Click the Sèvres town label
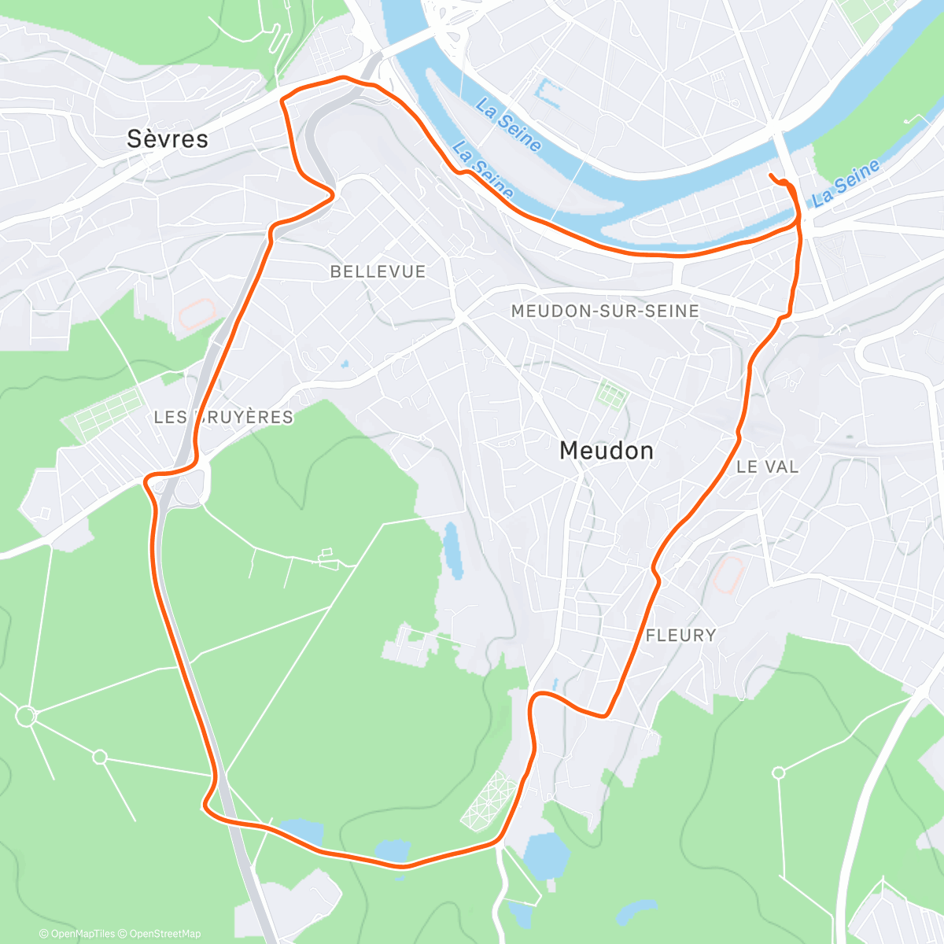pos(168,139)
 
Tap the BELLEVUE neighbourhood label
pos(378,271)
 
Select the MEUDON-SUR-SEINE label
pos(605,311)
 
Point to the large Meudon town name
pos(606,451)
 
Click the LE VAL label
pos(767,466)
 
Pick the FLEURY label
pos(680,635)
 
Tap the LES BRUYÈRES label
pos(223,417)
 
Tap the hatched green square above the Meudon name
pos(610,392)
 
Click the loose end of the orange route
pos(770,174)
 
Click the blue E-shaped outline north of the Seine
pos(548,94)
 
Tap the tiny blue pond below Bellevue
pos(345,363)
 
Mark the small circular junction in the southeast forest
pos(779,773)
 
